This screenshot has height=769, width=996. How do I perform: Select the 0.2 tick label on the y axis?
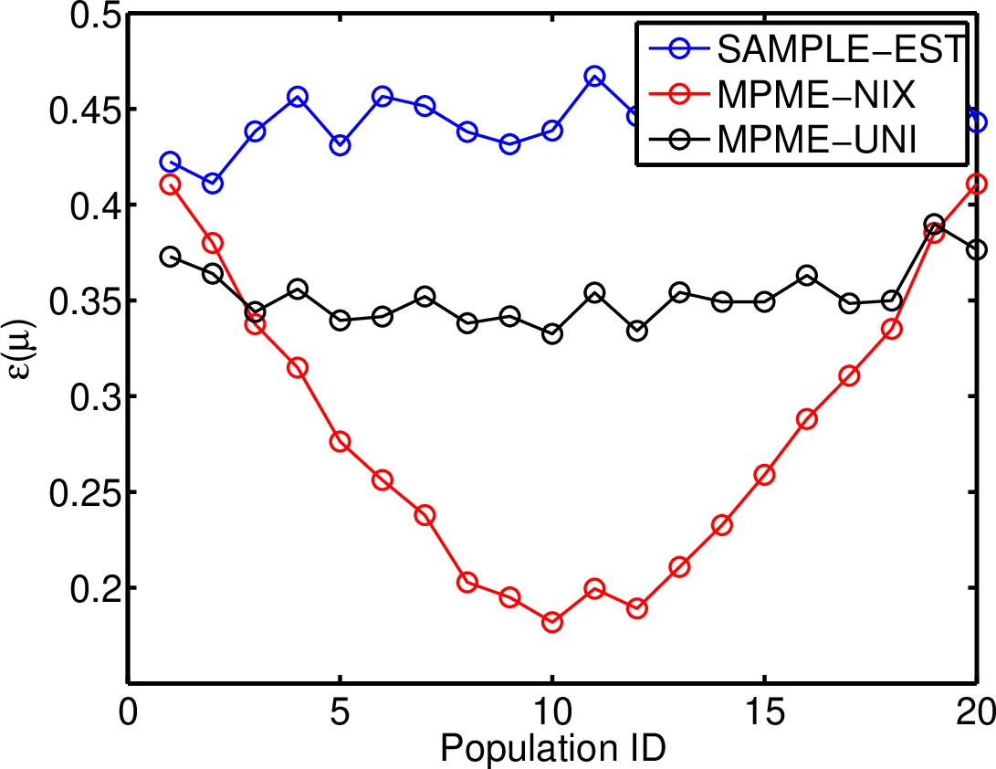point(80,588)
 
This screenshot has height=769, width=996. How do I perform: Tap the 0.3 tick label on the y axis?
point(80,397)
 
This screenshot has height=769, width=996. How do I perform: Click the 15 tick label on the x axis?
point(764,711)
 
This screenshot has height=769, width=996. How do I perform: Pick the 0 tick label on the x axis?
point(128,711)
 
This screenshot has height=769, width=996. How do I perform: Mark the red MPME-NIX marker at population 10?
point(552,622)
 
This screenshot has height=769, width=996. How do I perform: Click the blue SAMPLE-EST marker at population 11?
point(594,77)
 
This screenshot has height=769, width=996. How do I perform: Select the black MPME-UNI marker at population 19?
point(934,225)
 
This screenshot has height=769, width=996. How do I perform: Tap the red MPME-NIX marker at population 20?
point(977,184)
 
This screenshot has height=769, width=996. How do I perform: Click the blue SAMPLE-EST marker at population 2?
point(213,184)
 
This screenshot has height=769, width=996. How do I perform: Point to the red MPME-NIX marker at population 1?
point(170,184)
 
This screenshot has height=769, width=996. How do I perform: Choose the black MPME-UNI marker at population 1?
point(170,257)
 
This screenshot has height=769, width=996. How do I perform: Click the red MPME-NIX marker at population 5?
point(340,442)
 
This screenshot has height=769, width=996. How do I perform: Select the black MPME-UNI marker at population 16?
point(807,276)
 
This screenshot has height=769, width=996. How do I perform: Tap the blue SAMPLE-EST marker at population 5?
point(340,145)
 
